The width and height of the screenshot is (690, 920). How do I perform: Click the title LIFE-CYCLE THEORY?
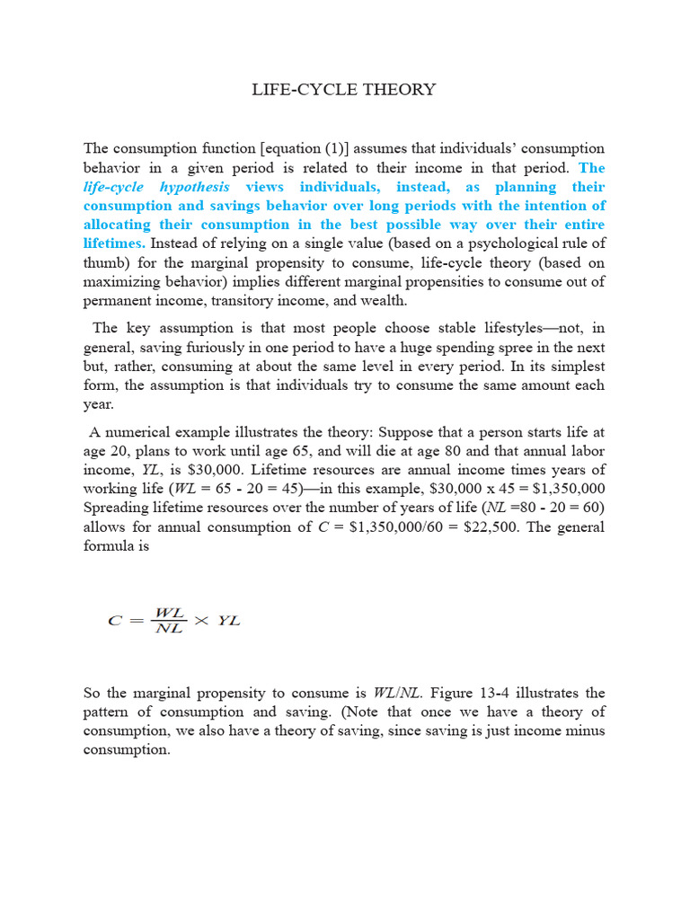(345, 89)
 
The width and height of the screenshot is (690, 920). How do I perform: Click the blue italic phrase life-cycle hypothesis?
(156, 187)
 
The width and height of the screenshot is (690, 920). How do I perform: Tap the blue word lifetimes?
(114, 243)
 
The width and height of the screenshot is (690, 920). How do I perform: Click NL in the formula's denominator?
(170, 627)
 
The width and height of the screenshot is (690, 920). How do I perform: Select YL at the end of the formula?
(229, 620)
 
